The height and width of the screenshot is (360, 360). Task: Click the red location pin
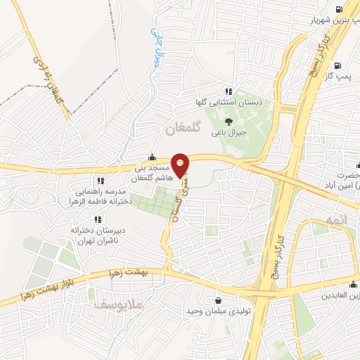(181, 165)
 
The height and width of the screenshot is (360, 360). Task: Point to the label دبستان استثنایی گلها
(229, 103)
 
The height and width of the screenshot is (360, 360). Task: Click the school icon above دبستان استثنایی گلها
(229, 91)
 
